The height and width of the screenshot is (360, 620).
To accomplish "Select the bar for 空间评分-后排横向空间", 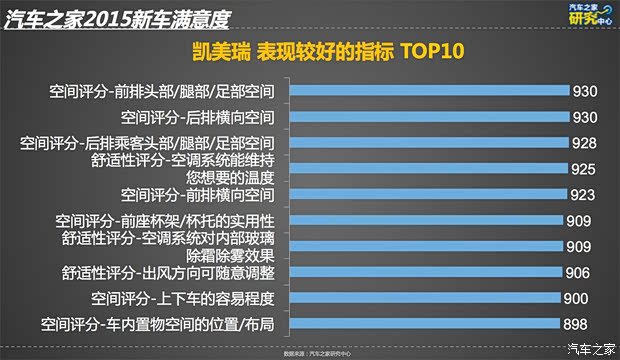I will click(431, 118).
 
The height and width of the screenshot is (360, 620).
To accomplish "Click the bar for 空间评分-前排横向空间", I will click(429, 194).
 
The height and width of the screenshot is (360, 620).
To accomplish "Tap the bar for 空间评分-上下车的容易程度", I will click(425, 298).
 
